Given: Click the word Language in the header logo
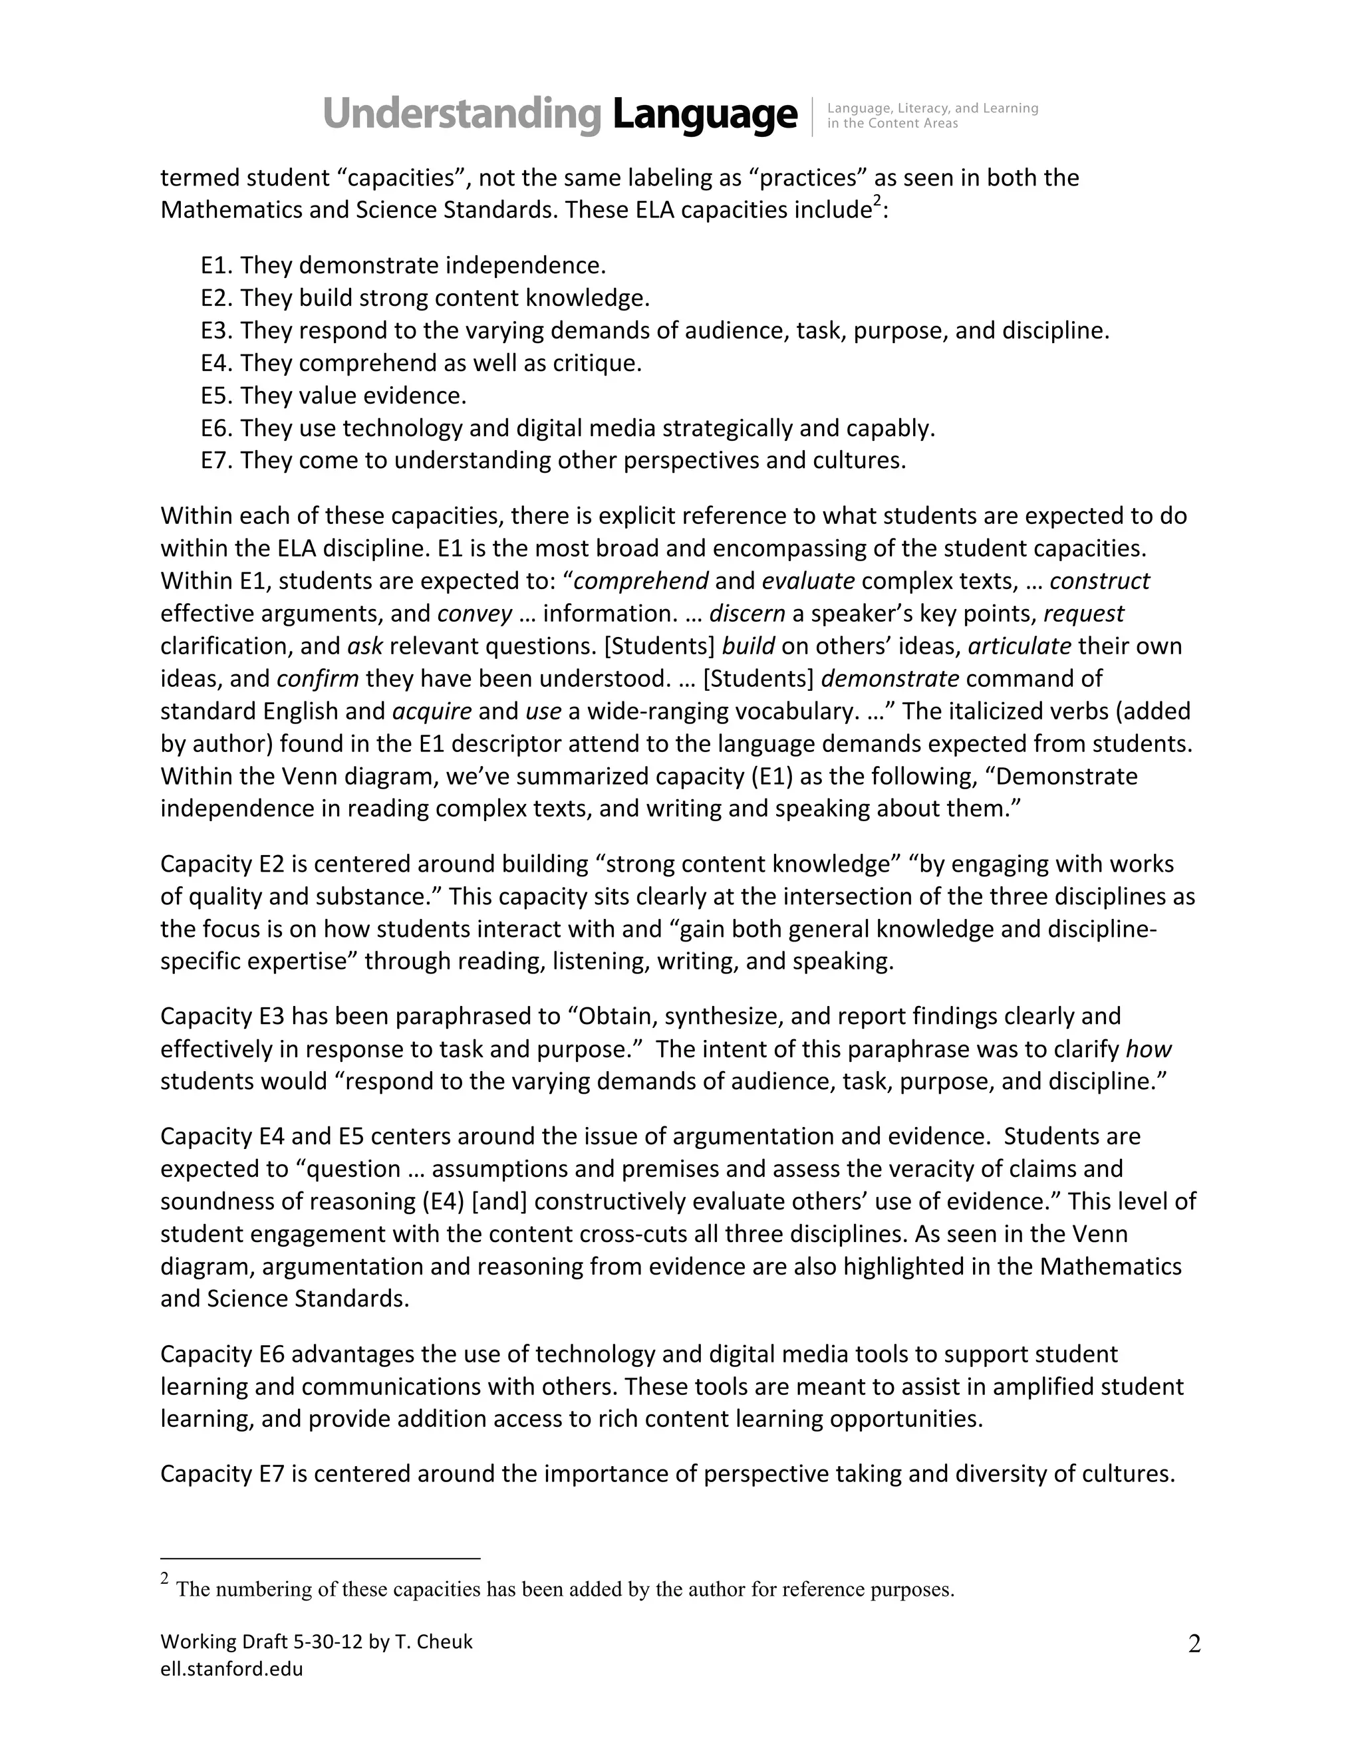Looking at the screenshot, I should tap(704, 114).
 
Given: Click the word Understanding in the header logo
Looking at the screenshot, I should tap(462, 114).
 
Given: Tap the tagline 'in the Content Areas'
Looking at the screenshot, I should tap(892, 124).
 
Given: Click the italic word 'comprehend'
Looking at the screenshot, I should tap(640, 581).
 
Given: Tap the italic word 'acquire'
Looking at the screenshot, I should tap(432, 711).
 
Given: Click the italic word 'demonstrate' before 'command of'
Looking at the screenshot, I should tap(890, 678).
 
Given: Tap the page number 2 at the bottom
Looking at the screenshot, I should tap(1194, 1644).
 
